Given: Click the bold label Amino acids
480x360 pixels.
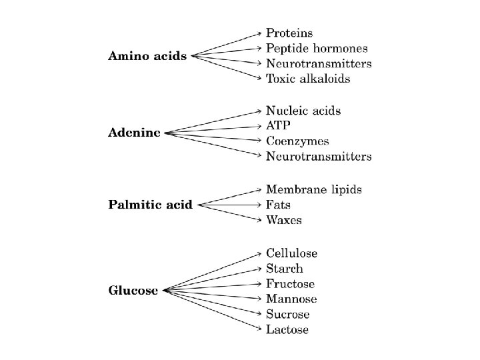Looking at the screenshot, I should point(148,56).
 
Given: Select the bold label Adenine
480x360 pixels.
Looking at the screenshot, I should point(134,133).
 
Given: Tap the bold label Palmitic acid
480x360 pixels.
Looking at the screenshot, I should point(150,205).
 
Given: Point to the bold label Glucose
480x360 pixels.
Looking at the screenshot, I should point(133,290).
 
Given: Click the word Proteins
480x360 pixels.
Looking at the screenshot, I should point(289,33).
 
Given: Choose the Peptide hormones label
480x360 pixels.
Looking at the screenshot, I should point(317,48).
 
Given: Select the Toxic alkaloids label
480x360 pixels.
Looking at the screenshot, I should point(308,79).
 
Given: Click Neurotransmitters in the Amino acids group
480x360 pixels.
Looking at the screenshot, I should point(319,63).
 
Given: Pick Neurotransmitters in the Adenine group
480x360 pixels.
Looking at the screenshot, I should point(319,157).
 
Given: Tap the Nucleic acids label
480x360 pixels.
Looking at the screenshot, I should point(303,110).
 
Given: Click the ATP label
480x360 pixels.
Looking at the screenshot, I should point(278,125).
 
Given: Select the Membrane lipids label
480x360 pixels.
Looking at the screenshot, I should point(314,189).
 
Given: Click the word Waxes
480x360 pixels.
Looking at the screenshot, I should point(284,220).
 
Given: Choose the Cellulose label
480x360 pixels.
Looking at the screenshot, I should point(291,253).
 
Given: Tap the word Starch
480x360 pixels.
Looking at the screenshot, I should point(285,269).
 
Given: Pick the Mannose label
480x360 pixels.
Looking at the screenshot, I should point(291,299).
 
